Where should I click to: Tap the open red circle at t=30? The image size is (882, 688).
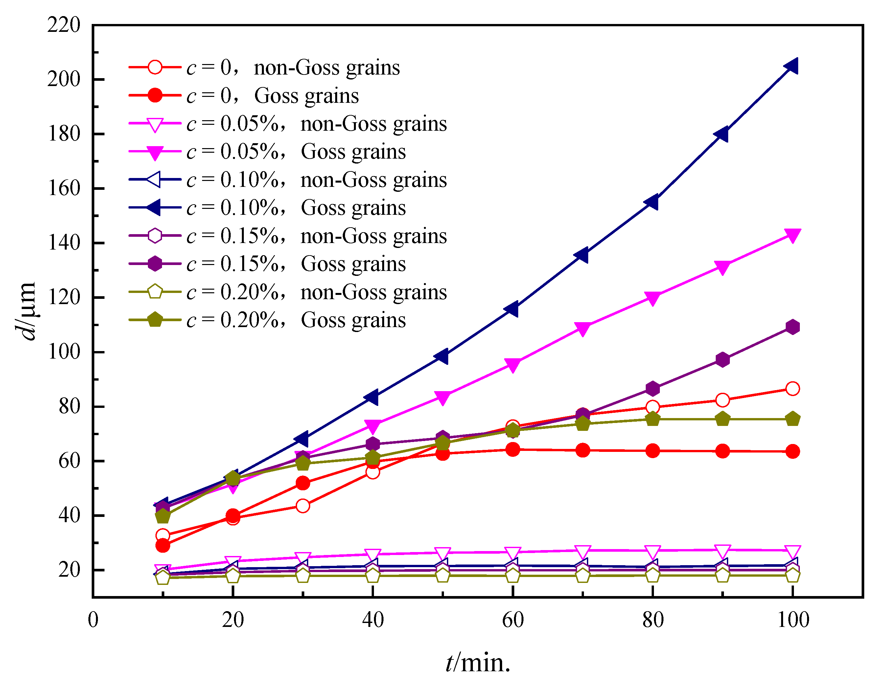(302, 506)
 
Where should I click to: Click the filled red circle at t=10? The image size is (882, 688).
(162, 545)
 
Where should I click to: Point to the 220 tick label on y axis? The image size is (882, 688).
(64, 25)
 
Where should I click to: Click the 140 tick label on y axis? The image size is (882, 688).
(64, 243)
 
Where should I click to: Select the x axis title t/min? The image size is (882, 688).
(478, 663)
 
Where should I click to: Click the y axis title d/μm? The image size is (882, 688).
(25, 311)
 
